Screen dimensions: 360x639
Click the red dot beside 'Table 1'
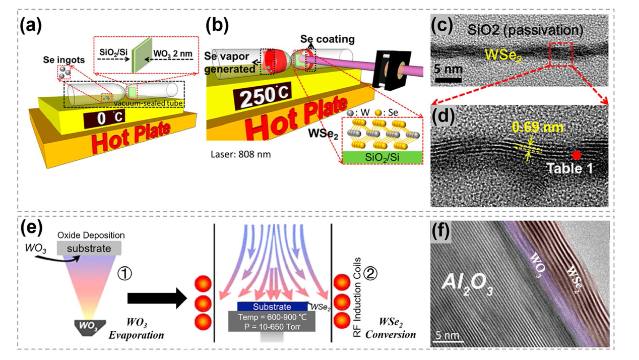point(577,155)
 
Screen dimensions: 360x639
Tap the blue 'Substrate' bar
point(272,307)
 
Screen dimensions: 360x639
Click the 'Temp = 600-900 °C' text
point(272,318)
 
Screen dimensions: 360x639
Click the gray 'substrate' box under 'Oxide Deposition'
point(89,248)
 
